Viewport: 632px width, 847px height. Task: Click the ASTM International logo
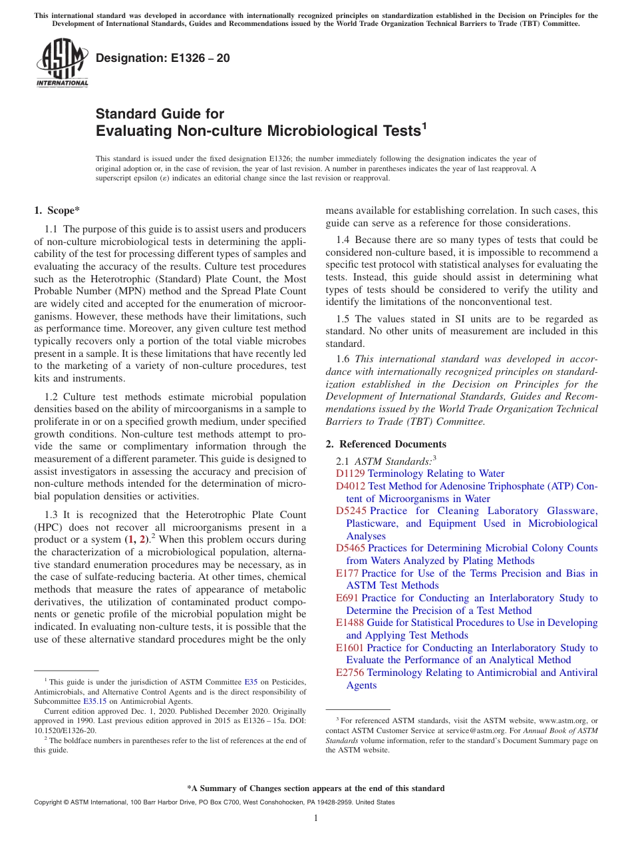pyautogui.click(x=61, y=63)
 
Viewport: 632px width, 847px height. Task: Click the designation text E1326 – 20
pyautogui.click(x=163, y=58)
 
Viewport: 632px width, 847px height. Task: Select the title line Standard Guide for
pyautogui.click(x=160, y=114)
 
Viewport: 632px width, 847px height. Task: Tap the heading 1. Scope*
pyautogui.click(x=57, y=210)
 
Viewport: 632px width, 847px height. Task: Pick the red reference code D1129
pyautogui.click(x=350, y=473)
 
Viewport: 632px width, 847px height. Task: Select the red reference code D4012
pyautogui.click(x=350, y=486)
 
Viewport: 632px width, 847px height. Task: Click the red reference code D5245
pyautogui.click(x=351, y=511)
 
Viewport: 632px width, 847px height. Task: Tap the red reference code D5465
pyautogui.click(x=351, y=548)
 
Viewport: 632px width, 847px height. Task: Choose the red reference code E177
pyautogui.click(x=347, y=573)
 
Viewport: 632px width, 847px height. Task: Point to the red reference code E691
pyautogui.click(x=347, y=598)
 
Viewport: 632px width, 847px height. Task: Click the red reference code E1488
pyautogui.click(x=350, y=623)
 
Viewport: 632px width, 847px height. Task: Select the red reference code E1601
pyautogui.click(x=350, y=648)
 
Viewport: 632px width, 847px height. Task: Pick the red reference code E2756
pyautogui.click(x=350, y=673)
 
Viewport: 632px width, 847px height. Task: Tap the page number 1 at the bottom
pyautogui.click(x=316, y=818)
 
